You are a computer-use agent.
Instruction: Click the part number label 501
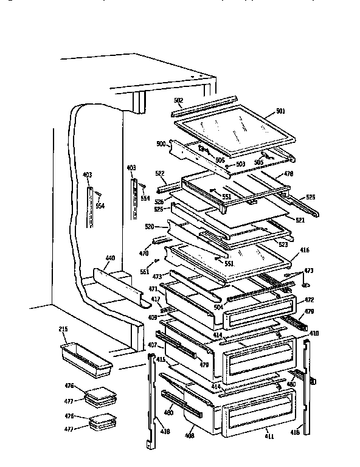280,111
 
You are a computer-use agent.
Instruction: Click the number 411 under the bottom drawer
268,436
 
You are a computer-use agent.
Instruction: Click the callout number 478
288,173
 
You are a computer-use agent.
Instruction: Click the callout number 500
161,144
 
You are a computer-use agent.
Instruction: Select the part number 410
314,334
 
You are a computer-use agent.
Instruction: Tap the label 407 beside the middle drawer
152,345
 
